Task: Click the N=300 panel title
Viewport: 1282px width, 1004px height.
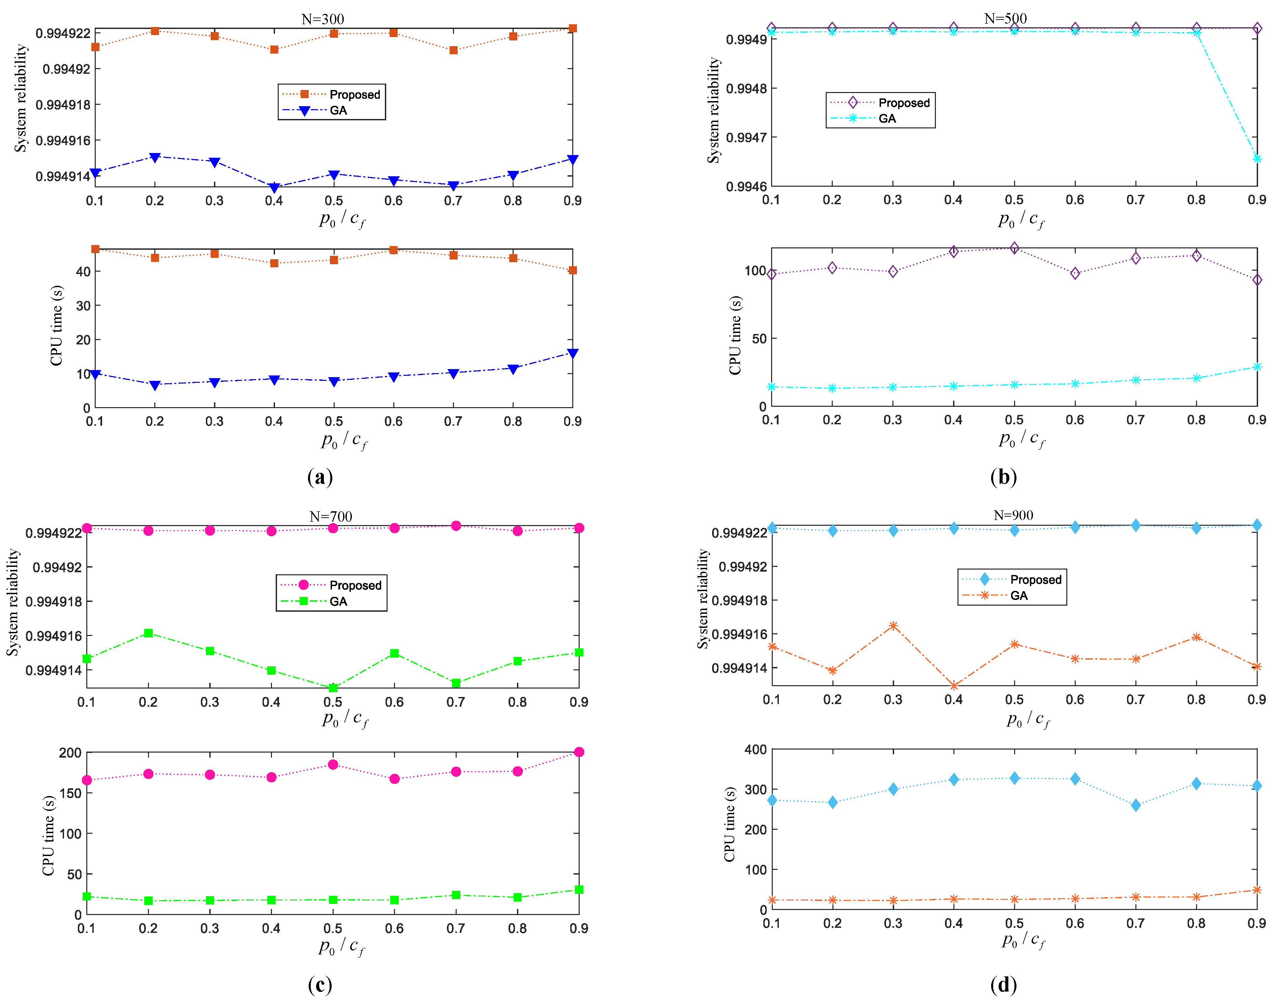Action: click(323, 20)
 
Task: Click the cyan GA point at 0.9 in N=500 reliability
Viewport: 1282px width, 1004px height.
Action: click(1257, 159)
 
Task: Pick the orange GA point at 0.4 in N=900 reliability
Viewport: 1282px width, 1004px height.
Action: click(953, 686)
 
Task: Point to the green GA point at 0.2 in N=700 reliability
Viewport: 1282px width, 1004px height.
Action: click(148, 633)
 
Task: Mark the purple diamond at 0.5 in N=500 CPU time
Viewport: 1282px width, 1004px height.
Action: click(1014, 248)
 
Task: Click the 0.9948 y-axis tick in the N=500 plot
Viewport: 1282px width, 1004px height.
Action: click(746, 89)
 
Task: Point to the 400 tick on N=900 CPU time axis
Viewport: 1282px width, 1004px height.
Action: click(755, 750)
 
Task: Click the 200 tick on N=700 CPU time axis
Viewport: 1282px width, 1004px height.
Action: click(70, 753)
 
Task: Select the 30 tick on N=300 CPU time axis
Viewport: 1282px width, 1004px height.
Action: click(84, 306)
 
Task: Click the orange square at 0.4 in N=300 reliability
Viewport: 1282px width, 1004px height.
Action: click(274, 50)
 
